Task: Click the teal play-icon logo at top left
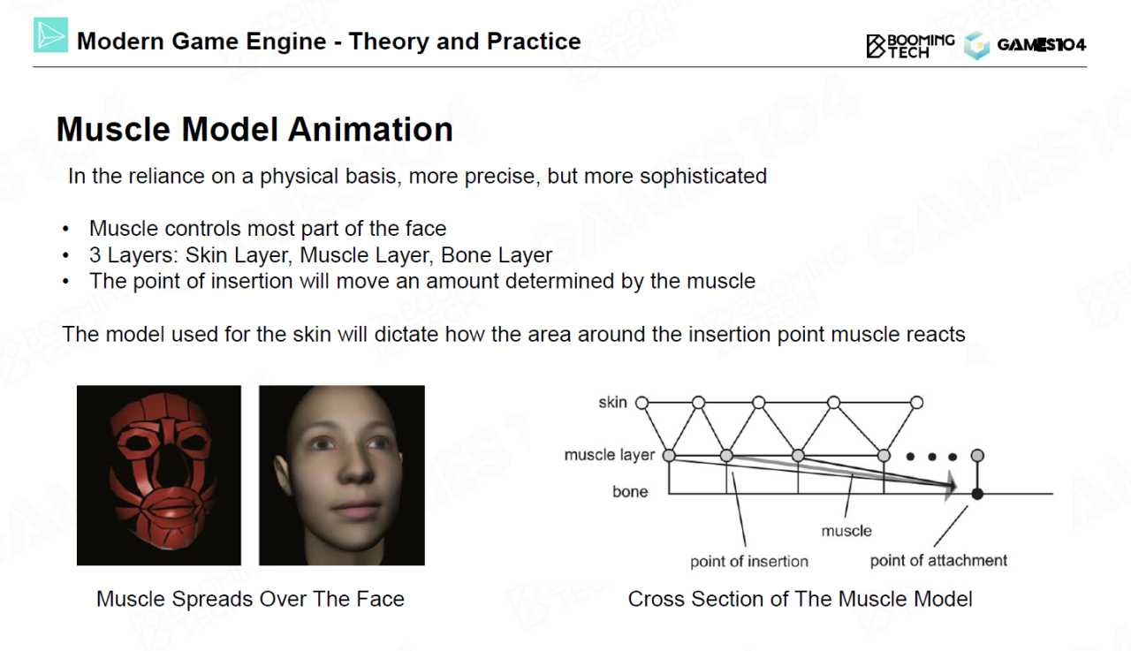point(50,34)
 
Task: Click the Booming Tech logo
point(910,46)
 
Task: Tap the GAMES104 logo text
point(1041,45)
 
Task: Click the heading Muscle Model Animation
point(254,129)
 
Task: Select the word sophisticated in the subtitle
point(703,177)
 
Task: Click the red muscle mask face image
point(159,475)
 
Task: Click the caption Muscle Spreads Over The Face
point(250,599)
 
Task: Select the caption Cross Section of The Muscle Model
point(800,599)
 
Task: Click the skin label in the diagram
point(612,402)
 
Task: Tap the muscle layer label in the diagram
point(610,455)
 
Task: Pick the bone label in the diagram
point(630,491)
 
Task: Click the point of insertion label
point(749,561)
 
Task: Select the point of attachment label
point(938,560)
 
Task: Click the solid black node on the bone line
point(977,494)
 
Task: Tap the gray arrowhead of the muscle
point(950,486)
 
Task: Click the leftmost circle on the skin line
point(641,403)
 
